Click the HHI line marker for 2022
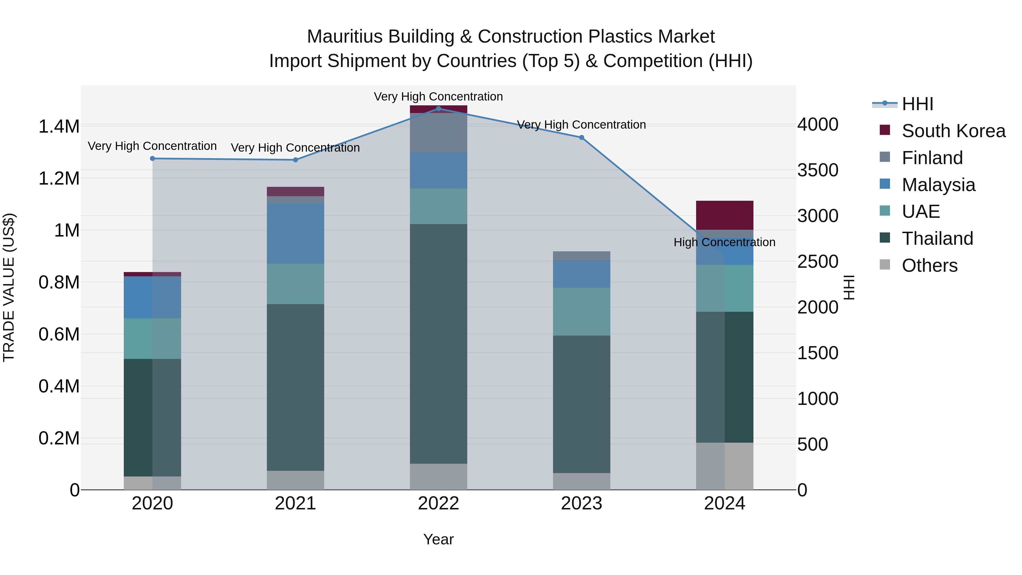(438, 108)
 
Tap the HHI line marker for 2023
(582, 137)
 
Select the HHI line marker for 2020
(152, 158)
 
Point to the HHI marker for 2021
(295, 160)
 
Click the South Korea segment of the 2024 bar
(724, 215)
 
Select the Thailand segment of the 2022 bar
(438, 343)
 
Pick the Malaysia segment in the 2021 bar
(295, 233)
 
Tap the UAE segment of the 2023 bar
(582, 311)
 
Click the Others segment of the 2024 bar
(724, 466)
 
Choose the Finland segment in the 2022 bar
(438, 133)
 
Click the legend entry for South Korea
(953, 131)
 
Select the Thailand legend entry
(937, 239)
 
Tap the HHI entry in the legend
(917, 104)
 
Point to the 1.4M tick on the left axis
(59, 127)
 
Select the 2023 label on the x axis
(582, 503)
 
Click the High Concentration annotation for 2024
(724, 242)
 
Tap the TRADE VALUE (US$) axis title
(9, 287)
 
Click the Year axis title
(438, 539)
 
